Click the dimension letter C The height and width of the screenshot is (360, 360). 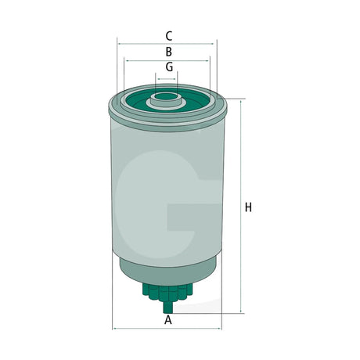pos(169,36)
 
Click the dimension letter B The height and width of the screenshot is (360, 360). pos(169,52)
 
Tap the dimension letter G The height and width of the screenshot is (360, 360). pos(169,67)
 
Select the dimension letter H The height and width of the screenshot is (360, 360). pos(248,207)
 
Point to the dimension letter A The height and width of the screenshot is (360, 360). pos(168,319)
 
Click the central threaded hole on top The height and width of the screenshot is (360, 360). pos(166,96)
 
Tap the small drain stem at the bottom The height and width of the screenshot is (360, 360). pos(168,307)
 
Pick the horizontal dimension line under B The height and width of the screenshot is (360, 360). pos(167,60)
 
